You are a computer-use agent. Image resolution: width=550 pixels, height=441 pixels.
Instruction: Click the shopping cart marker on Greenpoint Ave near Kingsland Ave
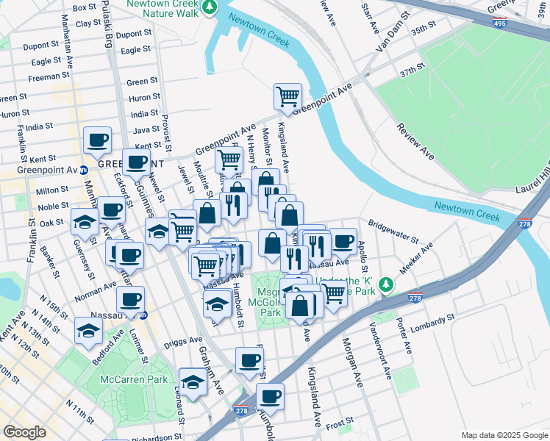[287, 96]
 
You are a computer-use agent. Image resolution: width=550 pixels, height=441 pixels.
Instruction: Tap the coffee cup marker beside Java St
[97, 140]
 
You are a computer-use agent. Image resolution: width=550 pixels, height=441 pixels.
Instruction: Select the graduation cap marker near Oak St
[85, 221]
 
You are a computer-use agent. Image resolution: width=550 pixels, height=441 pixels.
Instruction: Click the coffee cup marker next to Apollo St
[343, 240]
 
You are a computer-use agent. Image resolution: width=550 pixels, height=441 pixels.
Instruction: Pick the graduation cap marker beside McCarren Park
[193, 382]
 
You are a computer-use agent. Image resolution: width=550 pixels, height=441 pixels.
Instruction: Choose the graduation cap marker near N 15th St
[88, 330]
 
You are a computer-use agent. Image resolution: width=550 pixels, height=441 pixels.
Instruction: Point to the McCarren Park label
[134, 380]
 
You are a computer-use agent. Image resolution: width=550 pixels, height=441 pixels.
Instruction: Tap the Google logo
[25, 432]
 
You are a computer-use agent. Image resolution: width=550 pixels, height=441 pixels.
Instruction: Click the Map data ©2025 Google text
[504, 435]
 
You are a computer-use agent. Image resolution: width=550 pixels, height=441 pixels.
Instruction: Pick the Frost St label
[339, 425]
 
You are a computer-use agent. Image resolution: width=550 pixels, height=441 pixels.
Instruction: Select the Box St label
[85, 7]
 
